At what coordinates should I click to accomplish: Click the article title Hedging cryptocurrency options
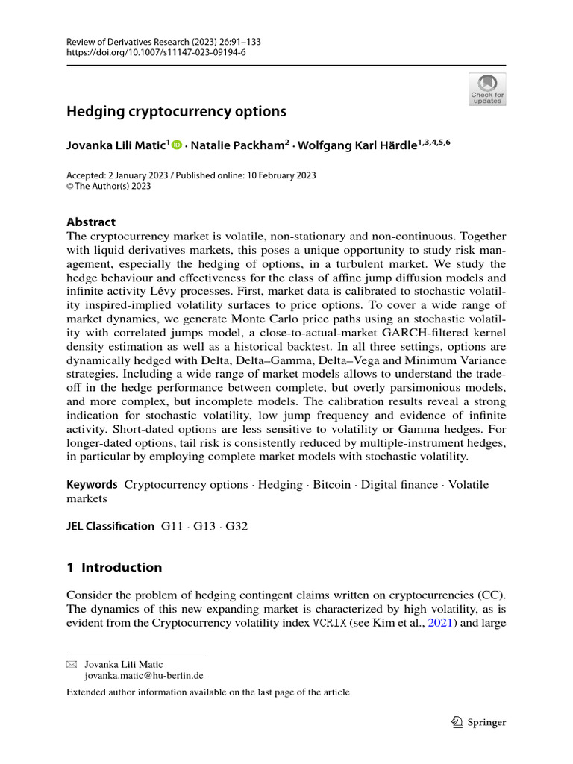(x=176, y=112)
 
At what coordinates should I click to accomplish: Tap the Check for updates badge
(x=486, y=88)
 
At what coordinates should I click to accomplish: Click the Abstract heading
(x=91, y=222)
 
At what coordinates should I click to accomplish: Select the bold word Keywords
(x=92, y=484)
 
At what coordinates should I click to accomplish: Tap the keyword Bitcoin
(x=331, y=484)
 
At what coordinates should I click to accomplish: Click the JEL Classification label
(x=110, y=526)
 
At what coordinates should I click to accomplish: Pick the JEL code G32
(x=236, y=526)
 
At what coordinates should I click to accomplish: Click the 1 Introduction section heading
(x=114, y=567)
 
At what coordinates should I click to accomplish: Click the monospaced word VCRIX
(x=329, y=624)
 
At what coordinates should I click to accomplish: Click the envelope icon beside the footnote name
(x=72, y=663)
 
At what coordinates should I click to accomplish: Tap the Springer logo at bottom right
(x=480, y=722)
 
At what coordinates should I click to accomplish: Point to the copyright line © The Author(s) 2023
(x=109, y=187)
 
